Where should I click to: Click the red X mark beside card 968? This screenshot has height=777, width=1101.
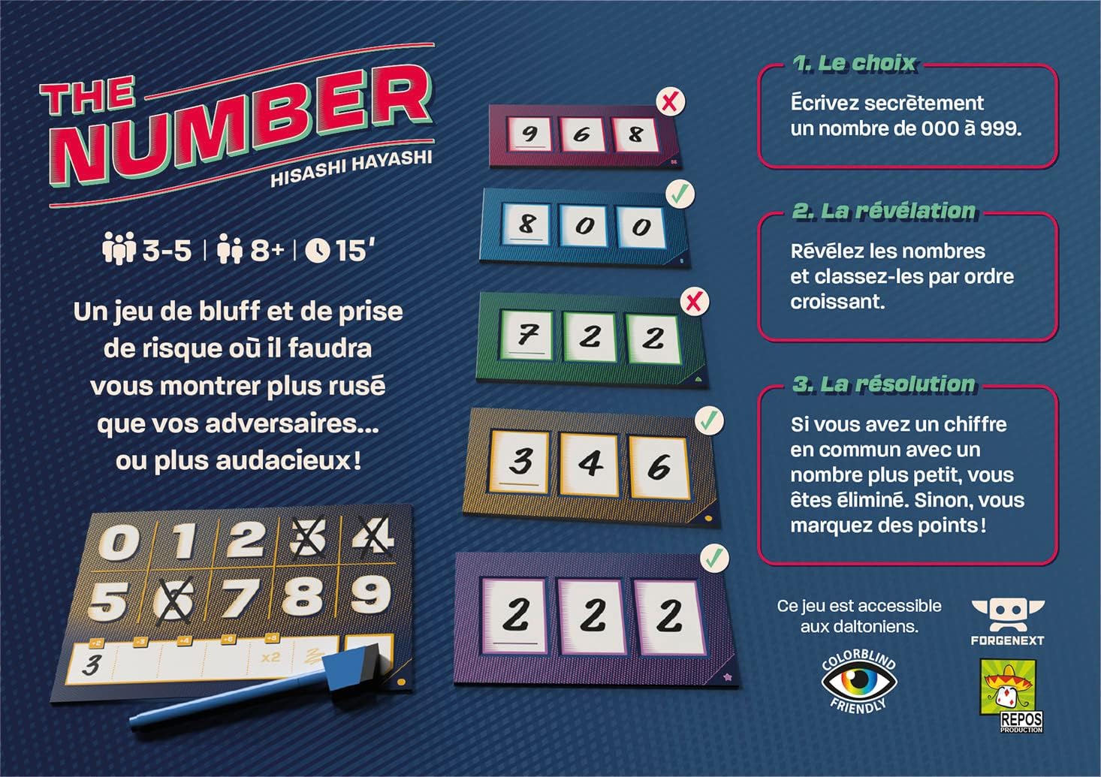click(669, 101)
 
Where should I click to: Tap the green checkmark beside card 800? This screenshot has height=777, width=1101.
click(680, 194)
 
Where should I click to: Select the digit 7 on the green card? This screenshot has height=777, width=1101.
click(526, 334)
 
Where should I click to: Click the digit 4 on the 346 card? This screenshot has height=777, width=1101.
click(590, 463)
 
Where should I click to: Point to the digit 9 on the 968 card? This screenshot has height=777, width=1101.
click(530, 134)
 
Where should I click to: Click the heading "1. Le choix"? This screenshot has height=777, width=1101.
click(855, 63)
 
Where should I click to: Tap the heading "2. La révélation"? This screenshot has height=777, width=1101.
click(884, 211)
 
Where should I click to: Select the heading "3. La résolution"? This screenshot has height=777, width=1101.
click(884, 384)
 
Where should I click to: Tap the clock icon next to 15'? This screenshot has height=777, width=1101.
click(318, 250)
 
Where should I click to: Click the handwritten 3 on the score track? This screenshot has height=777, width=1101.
click(92, 665)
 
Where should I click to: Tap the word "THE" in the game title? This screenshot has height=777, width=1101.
click(88, 98)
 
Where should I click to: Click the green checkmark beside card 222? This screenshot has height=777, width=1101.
click(714, 558)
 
